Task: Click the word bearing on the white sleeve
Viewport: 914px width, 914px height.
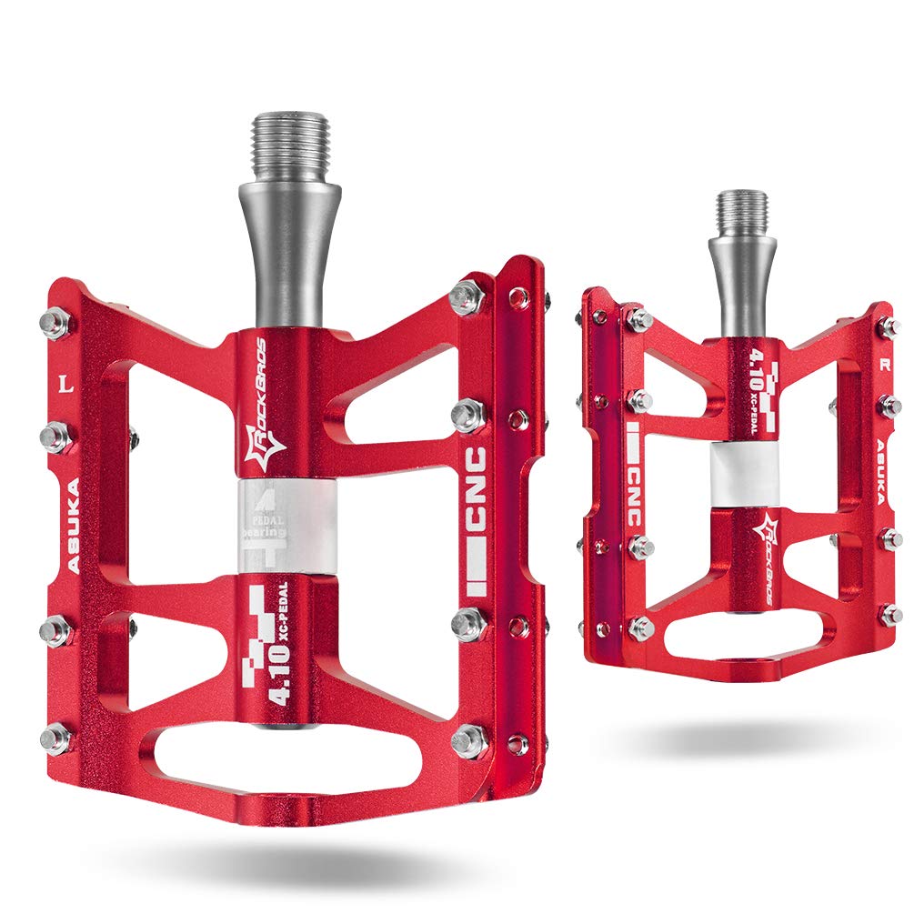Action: click(x=263, y=532)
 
